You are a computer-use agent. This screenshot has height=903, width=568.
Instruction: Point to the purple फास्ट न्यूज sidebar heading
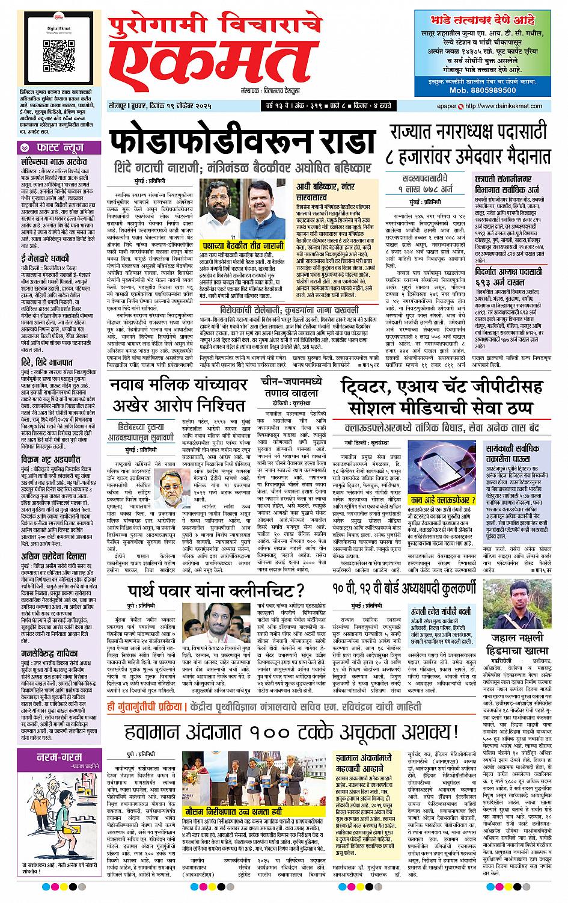58,147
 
